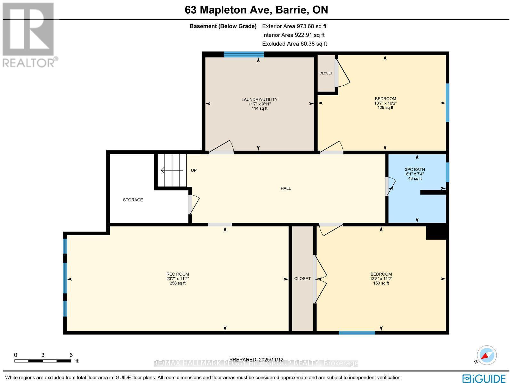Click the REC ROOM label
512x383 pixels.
[178, 274]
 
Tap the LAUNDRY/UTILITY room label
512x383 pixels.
[259, 99]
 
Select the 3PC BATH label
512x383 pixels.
[415, 169]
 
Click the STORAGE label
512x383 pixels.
[133, 200]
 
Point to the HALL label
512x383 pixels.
[285, 188]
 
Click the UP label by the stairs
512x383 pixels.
[194, 170]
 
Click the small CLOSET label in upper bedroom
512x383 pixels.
[326, 73]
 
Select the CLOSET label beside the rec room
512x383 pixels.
[302, 278]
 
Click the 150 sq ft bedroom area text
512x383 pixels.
[381, 283]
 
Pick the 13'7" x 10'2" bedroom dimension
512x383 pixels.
[385, 103]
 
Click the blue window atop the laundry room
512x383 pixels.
[244, 54]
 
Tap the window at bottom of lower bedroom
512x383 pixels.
[357, 333]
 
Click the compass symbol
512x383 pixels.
[486, 355]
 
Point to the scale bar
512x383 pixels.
[43, 361]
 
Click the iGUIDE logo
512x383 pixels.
[484, 378]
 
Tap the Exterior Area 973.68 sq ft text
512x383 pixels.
[294, 27]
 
